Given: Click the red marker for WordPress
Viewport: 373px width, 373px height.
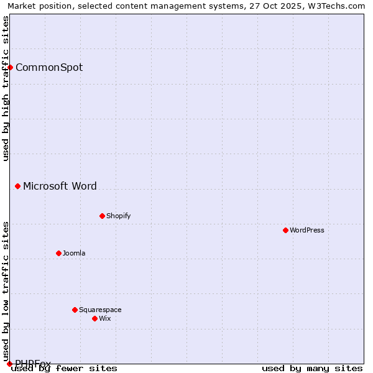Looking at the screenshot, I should click(285, 230).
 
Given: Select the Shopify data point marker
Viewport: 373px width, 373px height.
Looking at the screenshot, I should click(102, 216).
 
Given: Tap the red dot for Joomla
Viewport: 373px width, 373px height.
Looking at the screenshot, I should click(58, 253).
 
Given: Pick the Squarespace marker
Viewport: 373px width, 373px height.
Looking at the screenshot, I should click(75, 310).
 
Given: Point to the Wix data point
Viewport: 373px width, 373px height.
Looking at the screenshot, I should click(94, 318).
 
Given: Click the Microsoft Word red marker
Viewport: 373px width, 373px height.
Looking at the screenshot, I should click(18, 186).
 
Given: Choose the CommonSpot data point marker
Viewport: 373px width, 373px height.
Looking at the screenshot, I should click(11, 67).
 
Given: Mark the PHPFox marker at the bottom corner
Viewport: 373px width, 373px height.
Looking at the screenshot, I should click(10, 364).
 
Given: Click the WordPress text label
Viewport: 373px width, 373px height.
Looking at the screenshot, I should click(307, 230).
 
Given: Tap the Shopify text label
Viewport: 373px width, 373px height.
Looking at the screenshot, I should click(118, 216).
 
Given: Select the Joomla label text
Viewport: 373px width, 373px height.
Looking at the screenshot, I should click(74, 253).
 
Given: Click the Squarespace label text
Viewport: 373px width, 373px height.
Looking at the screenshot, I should click(100, 310).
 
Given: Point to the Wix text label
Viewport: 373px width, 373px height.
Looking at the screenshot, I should click(105, 318).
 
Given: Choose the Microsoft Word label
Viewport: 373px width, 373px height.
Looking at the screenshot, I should click(60, 186).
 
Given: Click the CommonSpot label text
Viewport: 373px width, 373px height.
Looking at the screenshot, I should click(49, 67).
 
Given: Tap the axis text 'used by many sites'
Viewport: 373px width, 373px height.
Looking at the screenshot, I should click(312, 368).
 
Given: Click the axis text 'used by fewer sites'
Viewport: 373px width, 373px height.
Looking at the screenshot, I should click(64, 368).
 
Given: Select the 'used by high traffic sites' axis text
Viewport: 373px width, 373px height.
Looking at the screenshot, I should click(6, 88).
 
